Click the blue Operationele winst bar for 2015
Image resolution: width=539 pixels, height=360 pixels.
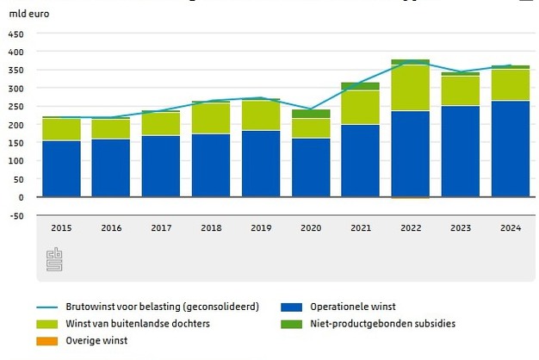point(61,168)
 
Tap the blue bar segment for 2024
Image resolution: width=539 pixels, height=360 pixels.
point(510,148)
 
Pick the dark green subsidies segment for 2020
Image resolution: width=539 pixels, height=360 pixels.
point(310,114)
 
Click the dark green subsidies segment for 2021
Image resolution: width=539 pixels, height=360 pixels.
point(360,86)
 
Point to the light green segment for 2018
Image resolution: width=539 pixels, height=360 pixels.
point(210,118)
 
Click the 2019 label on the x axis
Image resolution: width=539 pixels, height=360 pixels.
point(260,228)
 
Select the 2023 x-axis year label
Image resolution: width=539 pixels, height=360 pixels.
point(460,228)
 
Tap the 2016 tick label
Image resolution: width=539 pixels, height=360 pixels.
point(111,228)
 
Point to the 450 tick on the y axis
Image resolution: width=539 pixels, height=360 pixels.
point(16,34)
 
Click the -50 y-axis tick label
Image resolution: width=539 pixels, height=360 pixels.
point(16,215)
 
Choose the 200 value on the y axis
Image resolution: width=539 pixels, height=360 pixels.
point(16,125)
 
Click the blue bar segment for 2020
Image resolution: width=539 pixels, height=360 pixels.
point(310,167)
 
